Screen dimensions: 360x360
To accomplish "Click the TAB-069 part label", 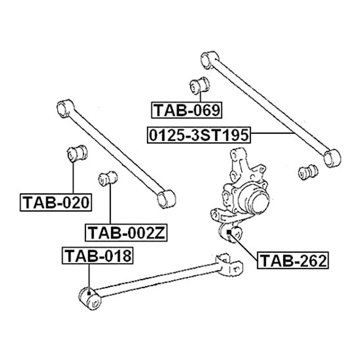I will click(187, 110).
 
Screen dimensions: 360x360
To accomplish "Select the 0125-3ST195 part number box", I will click(199, 134).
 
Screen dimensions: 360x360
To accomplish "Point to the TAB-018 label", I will click(98, 256).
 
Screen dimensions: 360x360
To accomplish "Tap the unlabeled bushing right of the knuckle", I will click(309, 171).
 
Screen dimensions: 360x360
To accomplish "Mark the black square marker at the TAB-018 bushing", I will click(90, 293).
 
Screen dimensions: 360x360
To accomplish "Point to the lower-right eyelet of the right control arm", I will click(332, 158).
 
